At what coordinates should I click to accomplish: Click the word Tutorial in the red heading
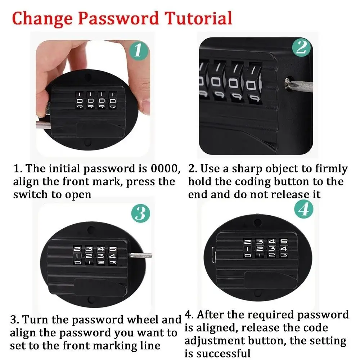pos(198,18)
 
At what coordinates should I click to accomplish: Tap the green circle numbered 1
pos(138,50)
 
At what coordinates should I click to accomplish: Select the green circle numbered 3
pos(140,213)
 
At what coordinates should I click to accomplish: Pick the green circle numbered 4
pos(304,209)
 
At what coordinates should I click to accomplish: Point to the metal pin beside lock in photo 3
pos(140,255)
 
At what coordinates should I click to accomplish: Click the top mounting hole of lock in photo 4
pos(258,222)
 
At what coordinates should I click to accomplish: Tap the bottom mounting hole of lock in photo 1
pos(88,144)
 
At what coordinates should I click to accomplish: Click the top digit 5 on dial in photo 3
pos(113,249)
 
